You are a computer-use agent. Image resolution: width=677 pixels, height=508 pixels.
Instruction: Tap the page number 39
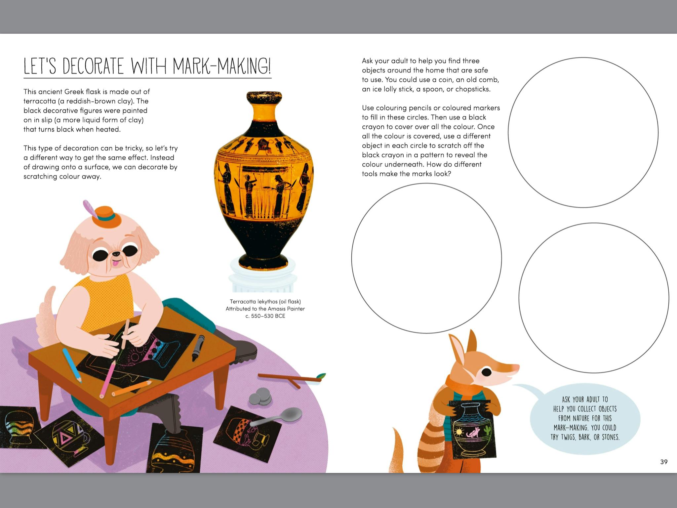tap(664, 462)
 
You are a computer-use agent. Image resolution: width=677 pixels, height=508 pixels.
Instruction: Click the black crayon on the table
tap(198, 348)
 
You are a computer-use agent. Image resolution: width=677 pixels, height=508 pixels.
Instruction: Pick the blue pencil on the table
tap(72, 365)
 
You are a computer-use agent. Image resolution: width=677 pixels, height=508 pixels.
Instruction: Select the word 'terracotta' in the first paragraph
tap(40, 101)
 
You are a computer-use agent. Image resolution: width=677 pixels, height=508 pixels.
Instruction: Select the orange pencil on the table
tap(132, 388)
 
